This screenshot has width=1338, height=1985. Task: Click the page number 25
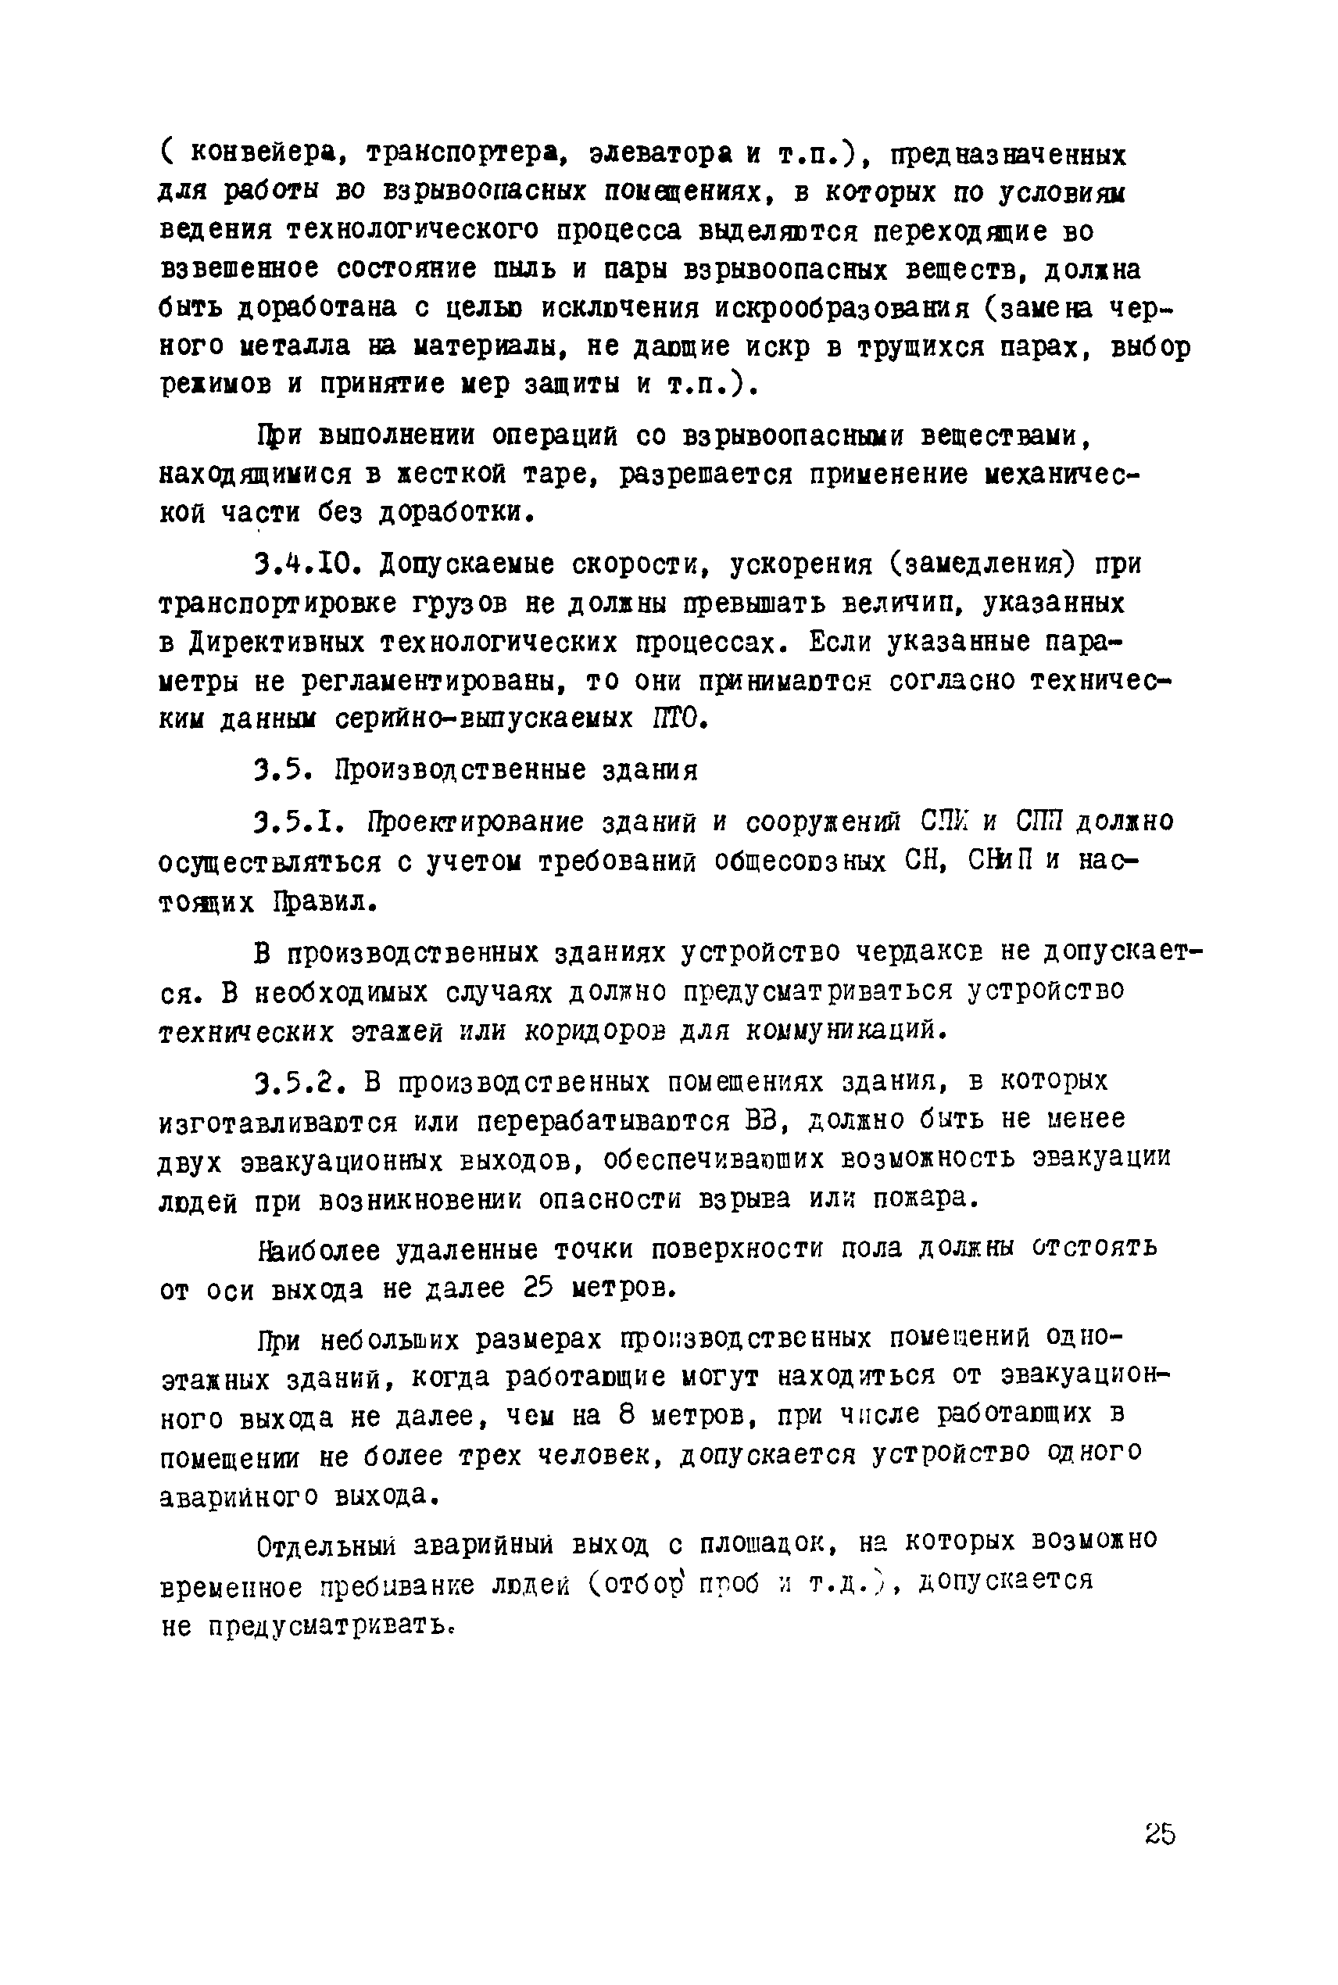click(x=1161, y=1833)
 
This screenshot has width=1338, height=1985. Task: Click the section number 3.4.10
click(x=309, y=564)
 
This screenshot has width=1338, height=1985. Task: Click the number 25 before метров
click(x=538, y=1287)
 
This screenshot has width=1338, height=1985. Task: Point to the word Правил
click(x=324, y=901)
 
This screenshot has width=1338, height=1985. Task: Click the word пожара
click(x=927, y=1199)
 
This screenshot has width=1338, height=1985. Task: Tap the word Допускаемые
click(x=467, y=564)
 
